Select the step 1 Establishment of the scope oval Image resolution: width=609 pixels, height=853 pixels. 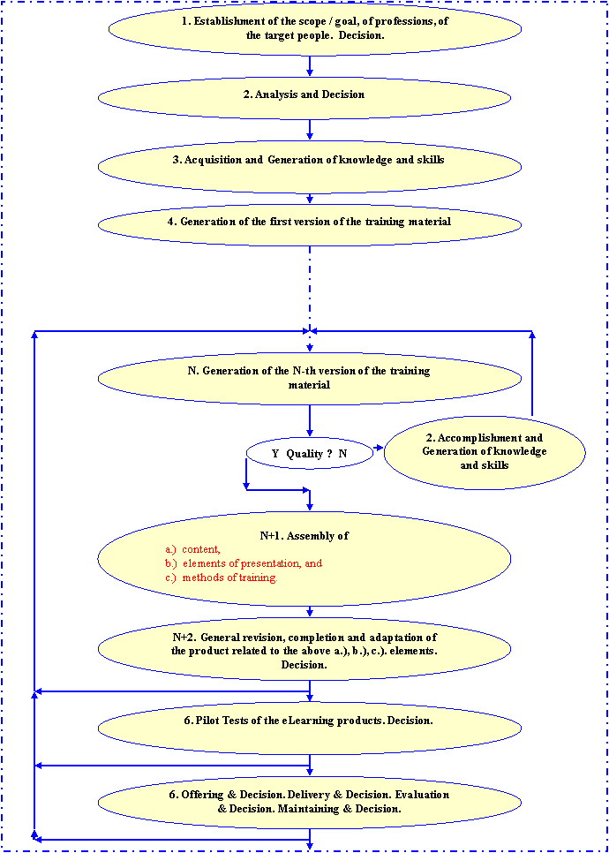pos(309,28)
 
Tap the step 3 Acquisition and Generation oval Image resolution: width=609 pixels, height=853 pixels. pos(309,161)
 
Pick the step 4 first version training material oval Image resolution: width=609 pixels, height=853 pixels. pos(309,223)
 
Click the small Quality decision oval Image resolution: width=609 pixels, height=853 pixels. pos(310,453)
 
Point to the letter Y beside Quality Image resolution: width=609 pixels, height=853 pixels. pos(275,453)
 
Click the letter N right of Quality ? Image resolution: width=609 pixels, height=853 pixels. pos(343,453)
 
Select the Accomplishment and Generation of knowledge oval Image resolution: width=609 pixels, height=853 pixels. pos(484,451)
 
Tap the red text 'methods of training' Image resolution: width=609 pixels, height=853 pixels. pos(229,577)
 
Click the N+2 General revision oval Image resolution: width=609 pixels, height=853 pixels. pos(309,651)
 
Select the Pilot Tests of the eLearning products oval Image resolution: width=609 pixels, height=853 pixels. pos(309,721)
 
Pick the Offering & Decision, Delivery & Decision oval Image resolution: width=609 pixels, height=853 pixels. pos(309,802)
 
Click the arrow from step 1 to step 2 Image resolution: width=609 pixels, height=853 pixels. pos(310,65)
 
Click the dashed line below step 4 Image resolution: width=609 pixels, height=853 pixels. pos(310,283)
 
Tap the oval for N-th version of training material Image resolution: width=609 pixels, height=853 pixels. pos(309,378)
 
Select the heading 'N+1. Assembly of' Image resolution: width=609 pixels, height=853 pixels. pos(298,535)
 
